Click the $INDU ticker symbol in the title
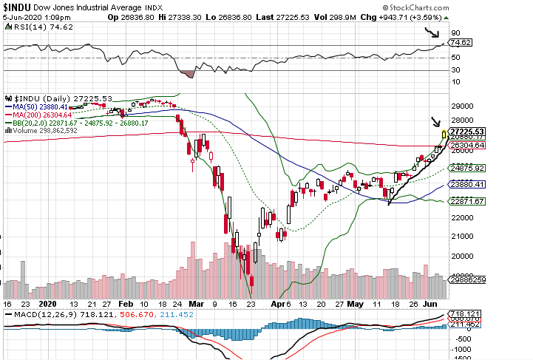(18, 6)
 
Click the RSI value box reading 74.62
(461, 43)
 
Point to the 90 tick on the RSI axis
(456, 33)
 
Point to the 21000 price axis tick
(462, 236)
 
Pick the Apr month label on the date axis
(276, 303)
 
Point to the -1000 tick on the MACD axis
(461, 353)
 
